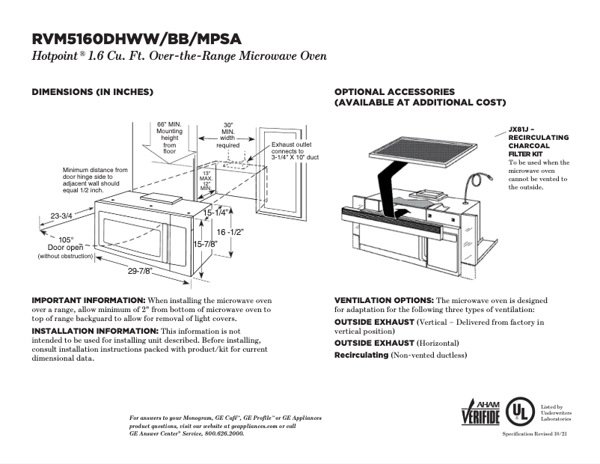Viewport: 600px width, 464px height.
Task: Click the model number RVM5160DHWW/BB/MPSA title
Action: tap(136, 40)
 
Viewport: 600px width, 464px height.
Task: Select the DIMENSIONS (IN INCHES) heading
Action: tap(92, 92)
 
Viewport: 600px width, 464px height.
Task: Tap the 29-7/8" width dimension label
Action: tap(140, 270)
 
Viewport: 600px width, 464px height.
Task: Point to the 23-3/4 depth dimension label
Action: tap(61, 216)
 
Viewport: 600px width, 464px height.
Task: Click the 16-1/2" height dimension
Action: tap(231, 233)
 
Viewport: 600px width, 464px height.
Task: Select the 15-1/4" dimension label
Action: tap(217, 213)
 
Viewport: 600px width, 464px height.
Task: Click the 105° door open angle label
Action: tap(67, 239)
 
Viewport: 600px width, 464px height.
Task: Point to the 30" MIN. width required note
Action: tap(228, 135)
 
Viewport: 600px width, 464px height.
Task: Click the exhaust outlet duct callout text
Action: tap(295, 151)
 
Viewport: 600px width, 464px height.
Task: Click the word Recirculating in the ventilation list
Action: tap(361, 354)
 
